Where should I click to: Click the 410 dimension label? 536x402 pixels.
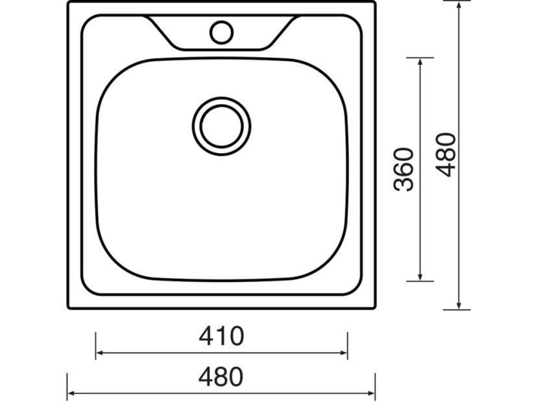(221, 336)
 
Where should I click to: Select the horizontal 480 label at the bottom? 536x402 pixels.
(221, 377)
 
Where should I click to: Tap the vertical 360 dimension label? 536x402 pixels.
(404, 169)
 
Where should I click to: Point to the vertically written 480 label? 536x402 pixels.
(447, 154)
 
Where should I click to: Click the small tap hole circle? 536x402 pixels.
(221, 30)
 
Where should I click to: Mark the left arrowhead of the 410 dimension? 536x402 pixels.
(99, 353)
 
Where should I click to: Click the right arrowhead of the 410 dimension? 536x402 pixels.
(345, 353)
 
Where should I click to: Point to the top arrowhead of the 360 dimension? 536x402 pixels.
(422, 61)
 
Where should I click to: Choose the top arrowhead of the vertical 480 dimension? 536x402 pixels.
(459, 4)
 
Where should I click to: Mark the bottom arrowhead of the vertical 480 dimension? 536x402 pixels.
(459, 306)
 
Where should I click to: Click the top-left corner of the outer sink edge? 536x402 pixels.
(69, 2)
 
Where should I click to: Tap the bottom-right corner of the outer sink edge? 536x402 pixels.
(375, 308)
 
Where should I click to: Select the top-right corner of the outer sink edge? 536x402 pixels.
(375, 2)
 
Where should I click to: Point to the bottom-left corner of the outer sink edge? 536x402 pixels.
(69, 308)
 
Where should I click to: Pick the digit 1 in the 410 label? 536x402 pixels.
(221, 336)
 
